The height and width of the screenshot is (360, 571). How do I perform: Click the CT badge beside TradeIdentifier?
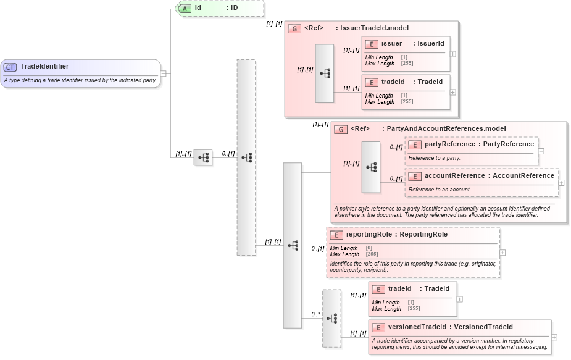coord(10,67)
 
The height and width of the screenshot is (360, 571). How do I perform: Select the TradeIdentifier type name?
coord(44,67)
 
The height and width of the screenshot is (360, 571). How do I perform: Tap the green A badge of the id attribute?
coord(185,9)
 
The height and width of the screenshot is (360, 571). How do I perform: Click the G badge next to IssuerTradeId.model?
coord(295,28)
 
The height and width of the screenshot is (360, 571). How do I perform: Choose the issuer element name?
coord(392,44)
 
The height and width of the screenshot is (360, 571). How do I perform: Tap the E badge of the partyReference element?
coord(415,144)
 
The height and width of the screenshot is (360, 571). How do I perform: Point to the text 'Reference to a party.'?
coord(434,158)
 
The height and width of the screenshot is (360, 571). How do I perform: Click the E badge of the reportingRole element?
coord(336,235)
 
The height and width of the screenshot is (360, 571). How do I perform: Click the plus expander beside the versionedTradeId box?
coord(554,337)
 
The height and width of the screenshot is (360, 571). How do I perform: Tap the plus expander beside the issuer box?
coord(453,54)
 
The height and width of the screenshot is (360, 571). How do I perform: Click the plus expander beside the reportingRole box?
coord(502,253)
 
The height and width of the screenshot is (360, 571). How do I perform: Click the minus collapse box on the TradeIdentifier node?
coord(163,73)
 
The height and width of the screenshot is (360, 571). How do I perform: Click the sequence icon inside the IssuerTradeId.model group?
coord(324,73)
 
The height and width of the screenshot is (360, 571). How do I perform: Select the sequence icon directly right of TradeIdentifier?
coord(203,157)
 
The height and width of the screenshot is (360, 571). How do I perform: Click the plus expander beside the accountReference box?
coord(561,182)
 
